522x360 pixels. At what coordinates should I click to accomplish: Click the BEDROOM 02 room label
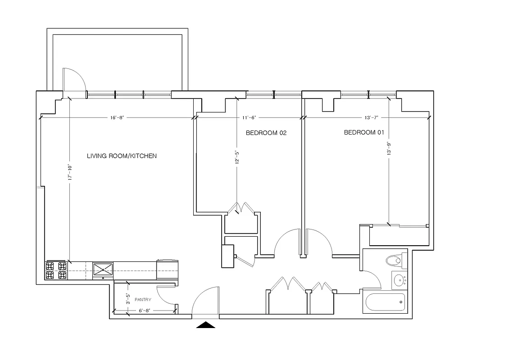click(x=266, y=133)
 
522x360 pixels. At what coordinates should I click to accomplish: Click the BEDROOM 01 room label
click(x=365, y=133)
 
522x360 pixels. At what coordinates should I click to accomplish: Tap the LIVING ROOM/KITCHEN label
click(x=122, y=156)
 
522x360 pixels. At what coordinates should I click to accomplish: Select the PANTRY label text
click(x=143, y=300)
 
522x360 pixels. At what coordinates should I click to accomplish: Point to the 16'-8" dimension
click(x=117, y=117)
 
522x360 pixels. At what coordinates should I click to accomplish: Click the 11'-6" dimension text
click(x=249, y=117)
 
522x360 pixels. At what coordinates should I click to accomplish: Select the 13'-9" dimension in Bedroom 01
click(x=389, y=149)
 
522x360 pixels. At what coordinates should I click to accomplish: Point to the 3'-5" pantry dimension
click(x=128, y=299)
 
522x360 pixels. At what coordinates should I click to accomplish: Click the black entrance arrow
click(x=206, y=325)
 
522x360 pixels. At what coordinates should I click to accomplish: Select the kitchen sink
click(x=104, y=270)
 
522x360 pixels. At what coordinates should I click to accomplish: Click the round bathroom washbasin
click(x=399, y=281)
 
